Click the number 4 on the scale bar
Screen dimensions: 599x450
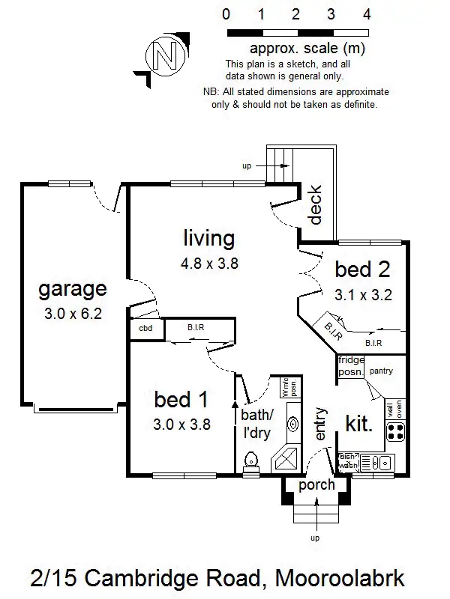[x=367, y=14]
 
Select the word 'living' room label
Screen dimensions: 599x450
[x=209, y=238]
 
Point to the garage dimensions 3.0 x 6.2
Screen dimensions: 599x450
[x=73, y=313]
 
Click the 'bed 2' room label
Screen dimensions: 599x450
[x=362, y=269]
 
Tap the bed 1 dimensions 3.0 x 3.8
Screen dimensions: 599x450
[x=182, y=424]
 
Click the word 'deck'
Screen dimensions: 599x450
[x=316, y=205]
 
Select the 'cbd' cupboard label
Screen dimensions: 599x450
[x=145, y=329]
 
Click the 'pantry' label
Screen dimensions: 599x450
[x=382, y=371]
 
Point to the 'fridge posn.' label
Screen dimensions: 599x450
[x=351, y=366]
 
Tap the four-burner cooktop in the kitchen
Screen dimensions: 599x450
[x=395, y=432]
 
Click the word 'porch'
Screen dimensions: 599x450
[x=316, y=484]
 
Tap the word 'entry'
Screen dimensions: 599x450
[x=321, y=423]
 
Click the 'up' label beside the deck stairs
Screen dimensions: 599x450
[x=247, y=165]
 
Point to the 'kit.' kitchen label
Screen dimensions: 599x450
[x=358, y=425]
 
